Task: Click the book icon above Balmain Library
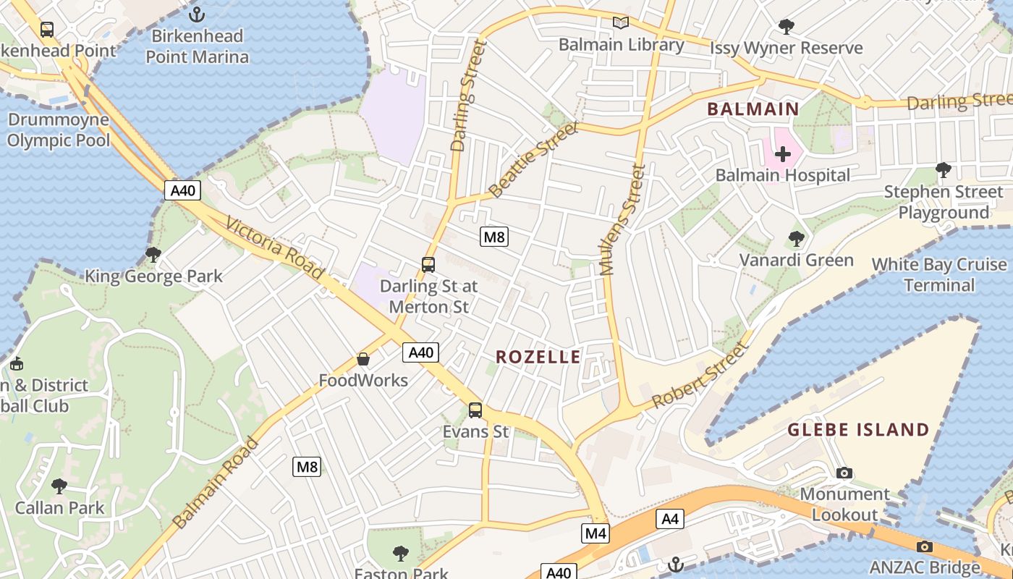coord(621,22)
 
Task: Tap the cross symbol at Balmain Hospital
coord(782,154)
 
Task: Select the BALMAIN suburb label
coord(753,109)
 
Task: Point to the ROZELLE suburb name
coord(538,357)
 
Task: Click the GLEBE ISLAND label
coord(858,430)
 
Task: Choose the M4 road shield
coord(595,533)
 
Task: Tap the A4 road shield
coord(670,518)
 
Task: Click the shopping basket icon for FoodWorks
coord(363,359)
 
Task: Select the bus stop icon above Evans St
coord(475,410)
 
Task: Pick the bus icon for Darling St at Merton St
coord(428,265)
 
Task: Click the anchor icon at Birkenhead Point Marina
coord(196,14)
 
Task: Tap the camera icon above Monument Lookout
coord(844,473)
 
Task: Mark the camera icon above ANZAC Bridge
coord(924,546)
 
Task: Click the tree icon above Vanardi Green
coord(796,238)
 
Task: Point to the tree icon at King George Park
coord(153,255)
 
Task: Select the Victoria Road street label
coord(274,248)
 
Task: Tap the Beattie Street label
coord(534,160)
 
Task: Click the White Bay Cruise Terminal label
coord(939,275)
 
